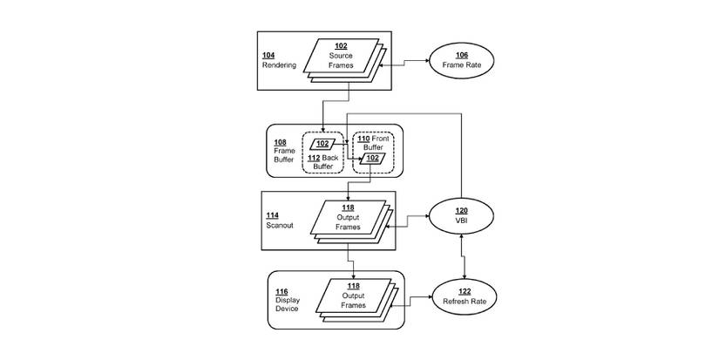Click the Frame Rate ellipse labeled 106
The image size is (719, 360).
tap(460, 60)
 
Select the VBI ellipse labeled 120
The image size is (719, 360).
tap(461, 216)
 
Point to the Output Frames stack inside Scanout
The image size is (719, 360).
tap(349, 217)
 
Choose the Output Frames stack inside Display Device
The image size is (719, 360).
tap(354, 295)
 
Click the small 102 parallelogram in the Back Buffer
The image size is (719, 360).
tap(322, 143)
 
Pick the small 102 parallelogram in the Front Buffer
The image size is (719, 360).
tap(372, 158)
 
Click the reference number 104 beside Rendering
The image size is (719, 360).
tap(268, 55)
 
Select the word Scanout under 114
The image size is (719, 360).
tap(279, 224)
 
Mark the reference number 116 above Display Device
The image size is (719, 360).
tap(281, 291)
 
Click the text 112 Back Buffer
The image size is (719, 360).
tap(323, 160)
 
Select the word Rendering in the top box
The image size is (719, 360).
tap(280, 65)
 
